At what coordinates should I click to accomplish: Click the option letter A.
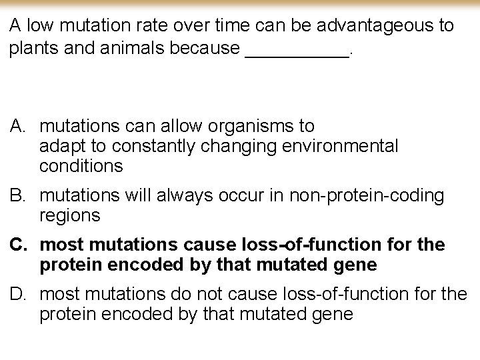(17, 126)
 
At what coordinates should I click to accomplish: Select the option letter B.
(17, 195)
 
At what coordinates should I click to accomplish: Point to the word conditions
(81, 166)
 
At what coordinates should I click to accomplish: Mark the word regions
(70, 215)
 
